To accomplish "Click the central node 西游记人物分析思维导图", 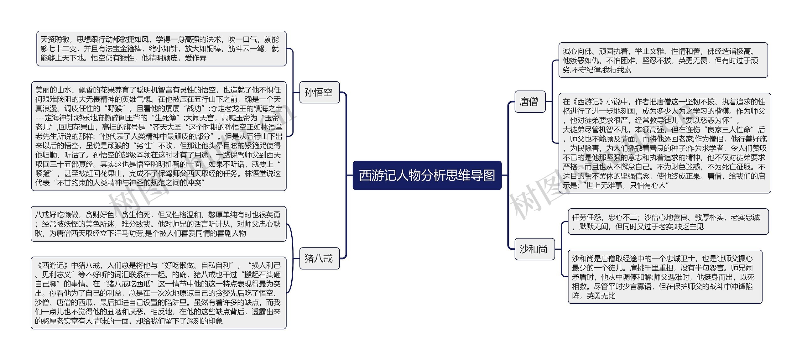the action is pos(427,175).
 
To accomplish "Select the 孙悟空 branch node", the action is pos(319,92).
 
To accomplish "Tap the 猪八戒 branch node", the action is pos(319,258).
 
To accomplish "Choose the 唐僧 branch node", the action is pos(530,102).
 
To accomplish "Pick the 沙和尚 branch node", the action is pos(534,249).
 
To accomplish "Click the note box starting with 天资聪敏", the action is pos(161,49).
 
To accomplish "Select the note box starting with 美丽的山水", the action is pos(159,136).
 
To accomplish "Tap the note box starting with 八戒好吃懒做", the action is pos(159,224).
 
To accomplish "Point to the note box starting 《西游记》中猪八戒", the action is pos(159,293).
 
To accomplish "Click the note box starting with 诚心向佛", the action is pos(663,60).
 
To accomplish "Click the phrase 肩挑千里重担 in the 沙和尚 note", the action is pos(629,268).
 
